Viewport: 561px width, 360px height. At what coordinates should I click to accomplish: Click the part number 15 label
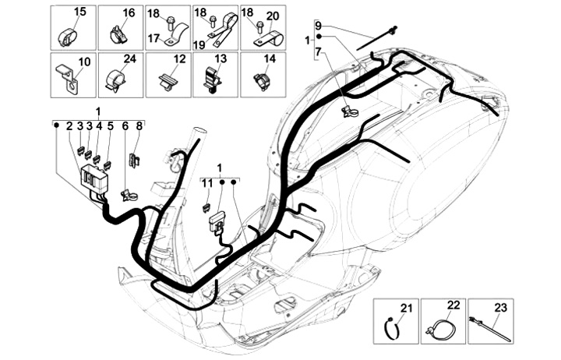81,12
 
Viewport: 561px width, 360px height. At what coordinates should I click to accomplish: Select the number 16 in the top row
129,12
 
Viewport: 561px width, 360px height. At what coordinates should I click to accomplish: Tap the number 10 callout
84,60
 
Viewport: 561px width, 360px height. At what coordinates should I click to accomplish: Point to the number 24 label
129,59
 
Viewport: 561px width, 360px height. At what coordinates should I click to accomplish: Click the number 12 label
179,59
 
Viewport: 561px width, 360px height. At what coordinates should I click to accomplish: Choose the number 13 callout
221,59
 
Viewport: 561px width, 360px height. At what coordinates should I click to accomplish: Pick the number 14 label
270,59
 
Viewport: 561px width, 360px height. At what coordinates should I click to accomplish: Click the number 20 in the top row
273,16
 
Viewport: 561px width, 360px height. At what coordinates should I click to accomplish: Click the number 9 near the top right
318,25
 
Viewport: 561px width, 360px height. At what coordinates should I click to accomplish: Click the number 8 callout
139,125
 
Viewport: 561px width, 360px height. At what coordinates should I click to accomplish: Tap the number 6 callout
125,125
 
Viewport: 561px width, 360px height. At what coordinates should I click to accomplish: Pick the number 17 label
154,37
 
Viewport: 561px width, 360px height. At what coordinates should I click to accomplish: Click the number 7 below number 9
318,51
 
